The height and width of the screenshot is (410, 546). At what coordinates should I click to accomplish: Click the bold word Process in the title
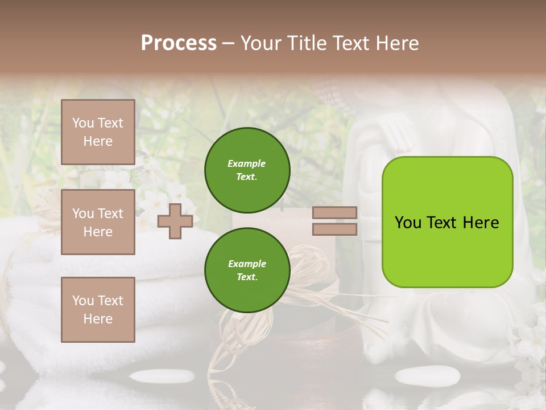coord(179,43)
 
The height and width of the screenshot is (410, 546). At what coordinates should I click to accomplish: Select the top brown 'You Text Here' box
coord(98,132)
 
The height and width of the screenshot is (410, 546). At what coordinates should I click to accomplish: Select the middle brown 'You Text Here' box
coord(98,222)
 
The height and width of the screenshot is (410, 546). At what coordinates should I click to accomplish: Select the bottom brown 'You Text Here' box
coord(98,310)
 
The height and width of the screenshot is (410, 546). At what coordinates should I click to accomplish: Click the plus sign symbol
coord(175,221)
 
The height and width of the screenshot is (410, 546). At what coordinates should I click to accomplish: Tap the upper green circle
coord(247,170)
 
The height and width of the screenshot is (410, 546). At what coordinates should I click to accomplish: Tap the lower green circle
coord(247,270)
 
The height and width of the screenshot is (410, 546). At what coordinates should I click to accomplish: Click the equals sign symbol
coord(334,221)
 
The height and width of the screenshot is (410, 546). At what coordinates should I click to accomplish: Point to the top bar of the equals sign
coord(334,212)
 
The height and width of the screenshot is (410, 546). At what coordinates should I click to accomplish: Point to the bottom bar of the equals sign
coord(334,229)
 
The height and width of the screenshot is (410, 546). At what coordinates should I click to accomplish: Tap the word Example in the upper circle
coord(246,163)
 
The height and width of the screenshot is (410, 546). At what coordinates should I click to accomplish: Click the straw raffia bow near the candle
coord(310,273)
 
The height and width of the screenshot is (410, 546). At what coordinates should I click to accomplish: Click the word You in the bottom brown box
coord(83,301)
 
